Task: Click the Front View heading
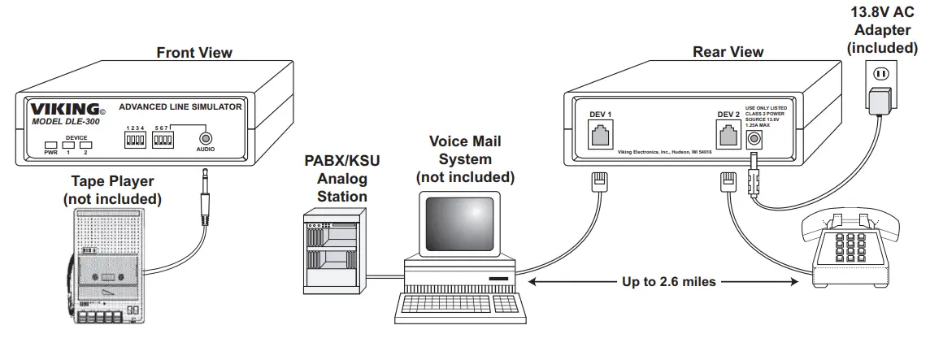pyautogui.click(x=194, y=53)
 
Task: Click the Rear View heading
pyautogui.click(x=728, y=52)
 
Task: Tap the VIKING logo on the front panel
pyautogui.click(x=65, y=109)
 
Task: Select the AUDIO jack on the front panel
pyautogui.click(x=206, y=139)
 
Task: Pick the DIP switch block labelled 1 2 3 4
pyautogui.click(x=135, y=139)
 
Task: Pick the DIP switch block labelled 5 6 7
pyautogui.click(x=164, y=139)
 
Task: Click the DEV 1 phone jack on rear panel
pyautogui.click(x=600, y=132)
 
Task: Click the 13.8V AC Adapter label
pyautogui.click(x=882, y=32)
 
